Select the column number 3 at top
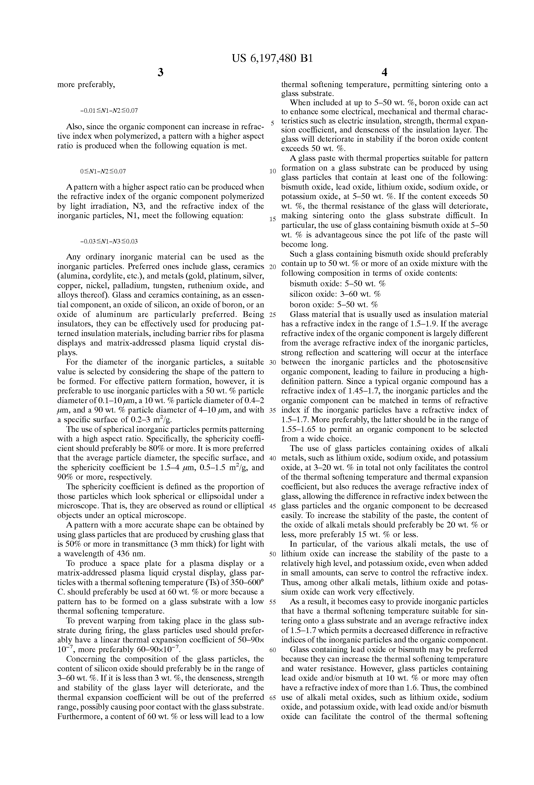(161, 72)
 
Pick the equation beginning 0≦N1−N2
(103, 171)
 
